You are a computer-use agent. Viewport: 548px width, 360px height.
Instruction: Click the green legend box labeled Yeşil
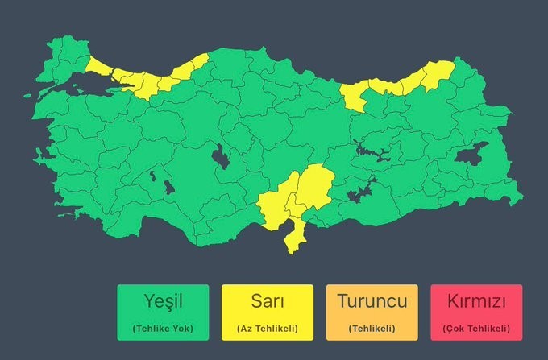[163, 312]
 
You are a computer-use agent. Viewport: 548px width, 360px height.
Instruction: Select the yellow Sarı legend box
[267, 312]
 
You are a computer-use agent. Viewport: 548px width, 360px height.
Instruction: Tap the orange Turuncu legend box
[372, 312]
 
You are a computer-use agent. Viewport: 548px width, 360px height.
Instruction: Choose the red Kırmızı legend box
[475, 312]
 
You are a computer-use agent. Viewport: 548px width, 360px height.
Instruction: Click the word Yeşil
[163, 302]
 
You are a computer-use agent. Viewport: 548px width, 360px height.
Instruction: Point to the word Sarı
[267, 302]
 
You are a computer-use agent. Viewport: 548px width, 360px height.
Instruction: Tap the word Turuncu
[372, 302]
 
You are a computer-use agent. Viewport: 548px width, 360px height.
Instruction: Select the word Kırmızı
[475, 302]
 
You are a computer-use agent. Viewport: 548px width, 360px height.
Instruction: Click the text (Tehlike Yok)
[163, 329]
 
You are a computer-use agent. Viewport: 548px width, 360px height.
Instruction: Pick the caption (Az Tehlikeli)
[267, 329]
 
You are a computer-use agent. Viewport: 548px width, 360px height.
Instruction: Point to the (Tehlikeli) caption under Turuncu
[372, 329]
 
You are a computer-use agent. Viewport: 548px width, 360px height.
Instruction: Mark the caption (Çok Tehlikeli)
[475, 329]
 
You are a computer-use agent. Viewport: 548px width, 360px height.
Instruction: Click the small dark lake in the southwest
[168, 187]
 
